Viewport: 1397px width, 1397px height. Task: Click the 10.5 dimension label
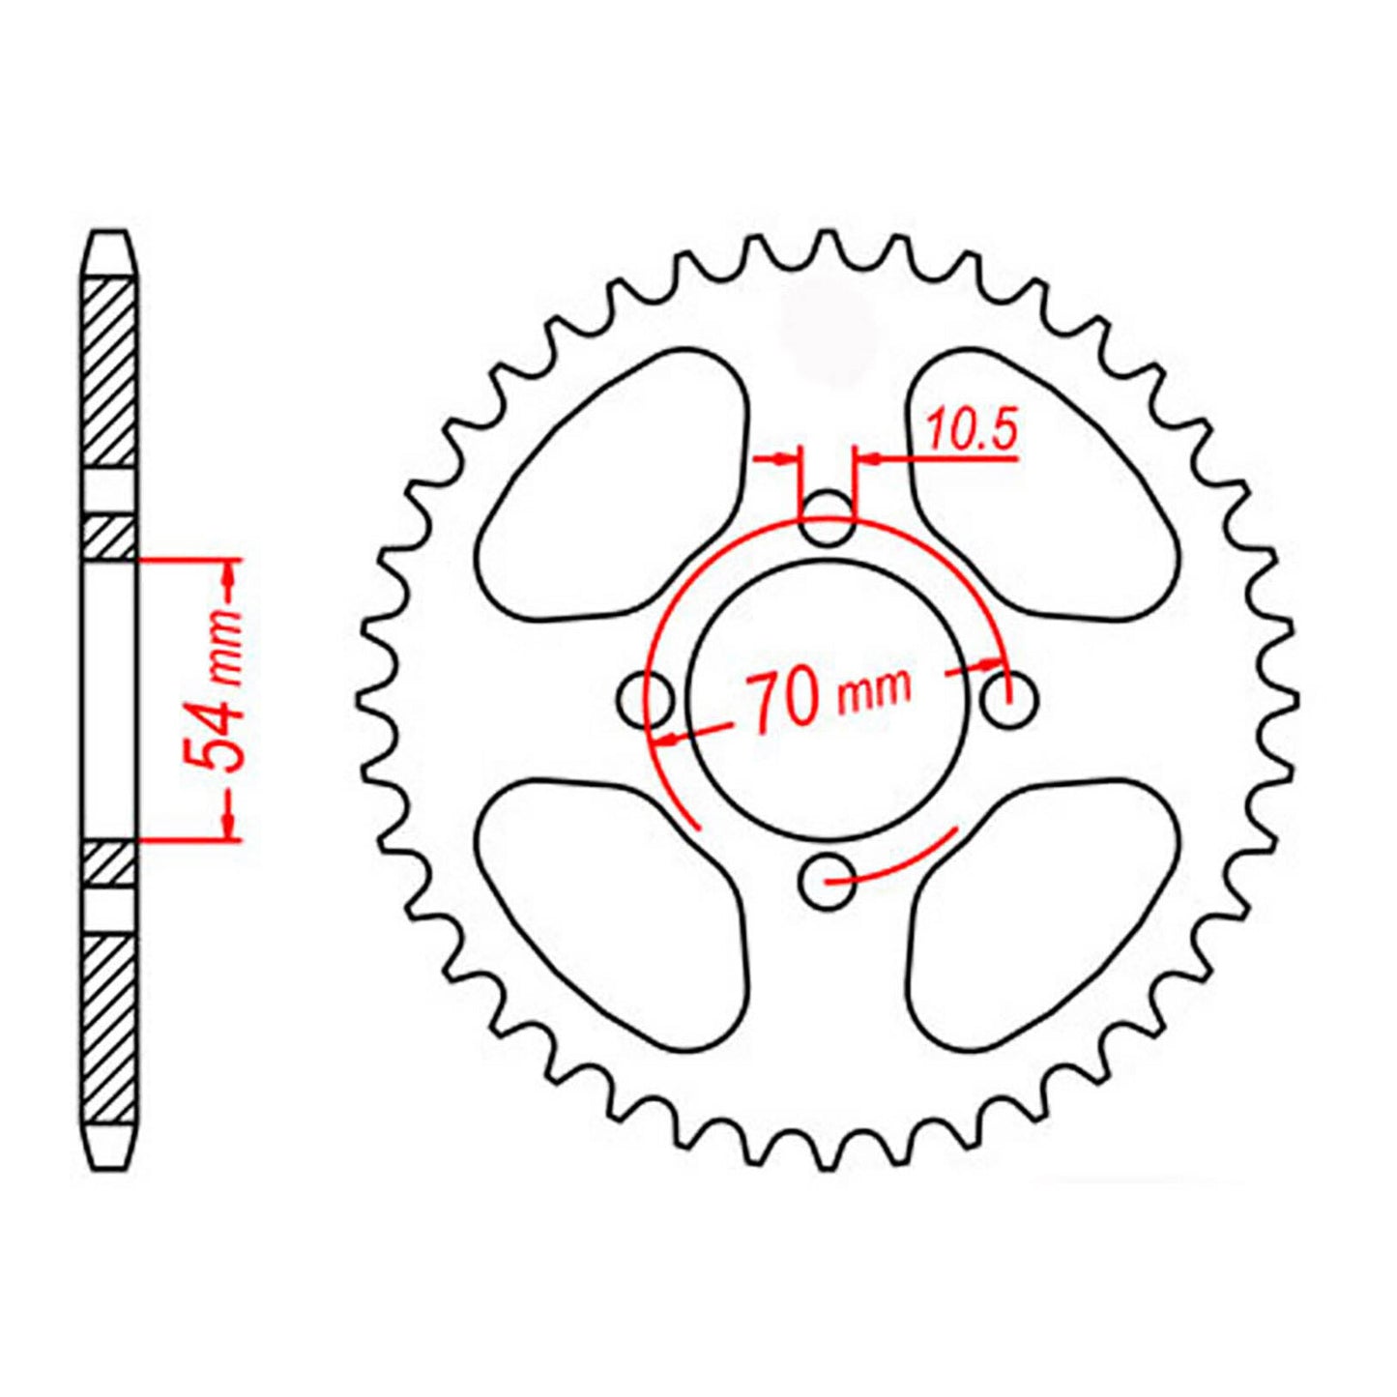click(x=973, y=430)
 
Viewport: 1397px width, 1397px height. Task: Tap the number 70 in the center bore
click(x=782, y=701)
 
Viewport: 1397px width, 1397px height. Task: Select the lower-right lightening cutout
click(x=1039, y=909)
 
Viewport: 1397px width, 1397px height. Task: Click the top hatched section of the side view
click(x=108, y=372)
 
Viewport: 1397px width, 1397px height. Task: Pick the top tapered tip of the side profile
click(x=108, y=253)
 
